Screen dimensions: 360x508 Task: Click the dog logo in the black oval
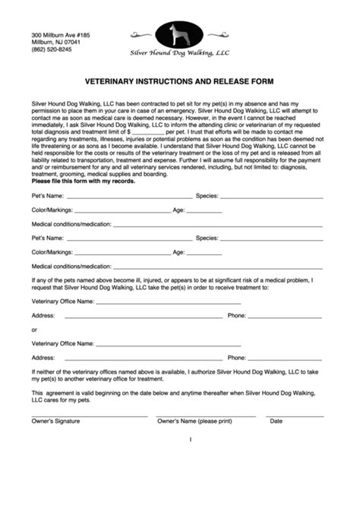point(179,34)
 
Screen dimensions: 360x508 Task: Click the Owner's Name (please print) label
point(194,421)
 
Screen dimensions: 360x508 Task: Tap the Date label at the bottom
point(276,421)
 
